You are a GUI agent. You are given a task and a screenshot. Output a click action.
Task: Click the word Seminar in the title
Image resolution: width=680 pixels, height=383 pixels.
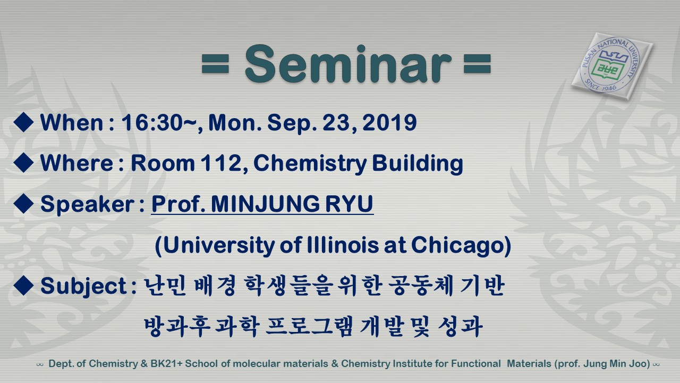[348, 64]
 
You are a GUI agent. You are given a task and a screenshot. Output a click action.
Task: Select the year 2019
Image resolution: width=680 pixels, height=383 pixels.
[389, 122]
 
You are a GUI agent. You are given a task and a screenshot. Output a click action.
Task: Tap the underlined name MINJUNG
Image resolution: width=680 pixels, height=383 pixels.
[265, 204]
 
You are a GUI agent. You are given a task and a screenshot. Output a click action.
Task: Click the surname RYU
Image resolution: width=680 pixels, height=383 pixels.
[349, 204]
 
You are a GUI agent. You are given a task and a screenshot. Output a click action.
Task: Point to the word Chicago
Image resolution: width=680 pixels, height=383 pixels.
[458, 246]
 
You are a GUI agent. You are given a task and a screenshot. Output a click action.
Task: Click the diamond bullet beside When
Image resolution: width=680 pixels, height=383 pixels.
[23, 122]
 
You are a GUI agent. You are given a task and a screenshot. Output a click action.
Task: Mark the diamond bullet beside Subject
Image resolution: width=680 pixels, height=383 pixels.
[23, 285]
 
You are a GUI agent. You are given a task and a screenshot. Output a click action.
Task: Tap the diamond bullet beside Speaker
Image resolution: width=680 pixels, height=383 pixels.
[23, 203]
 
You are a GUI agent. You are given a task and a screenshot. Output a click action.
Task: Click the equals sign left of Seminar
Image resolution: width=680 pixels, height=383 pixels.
[215, 63]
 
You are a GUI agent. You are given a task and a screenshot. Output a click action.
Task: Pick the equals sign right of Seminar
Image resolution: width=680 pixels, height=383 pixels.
[477, 63]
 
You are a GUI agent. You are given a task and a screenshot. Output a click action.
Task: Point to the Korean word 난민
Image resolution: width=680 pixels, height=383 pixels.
[164, 286]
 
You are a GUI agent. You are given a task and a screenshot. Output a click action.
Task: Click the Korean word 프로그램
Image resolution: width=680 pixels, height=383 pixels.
[309, 327]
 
